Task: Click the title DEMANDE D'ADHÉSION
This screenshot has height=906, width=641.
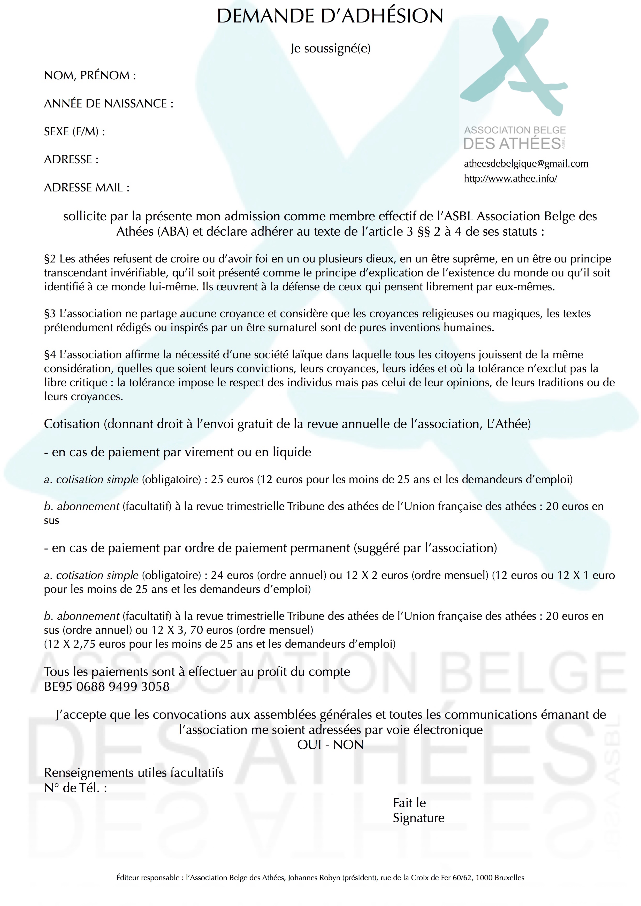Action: click(330, 17)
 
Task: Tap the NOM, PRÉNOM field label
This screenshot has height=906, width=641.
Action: click(90, 75)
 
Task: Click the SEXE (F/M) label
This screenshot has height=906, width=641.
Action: click(74, 131)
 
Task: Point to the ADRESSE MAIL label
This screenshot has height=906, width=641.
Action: click(86, 188)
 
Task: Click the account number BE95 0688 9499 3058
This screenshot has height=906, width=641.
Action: click(106, 687)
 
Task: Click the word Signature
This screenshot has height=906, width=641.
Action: click(418, 818)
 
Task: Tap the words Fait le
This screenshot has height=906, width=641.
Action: click(409, 803)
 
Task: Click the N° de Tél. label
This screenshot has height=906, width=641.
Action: click(75, 788)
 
